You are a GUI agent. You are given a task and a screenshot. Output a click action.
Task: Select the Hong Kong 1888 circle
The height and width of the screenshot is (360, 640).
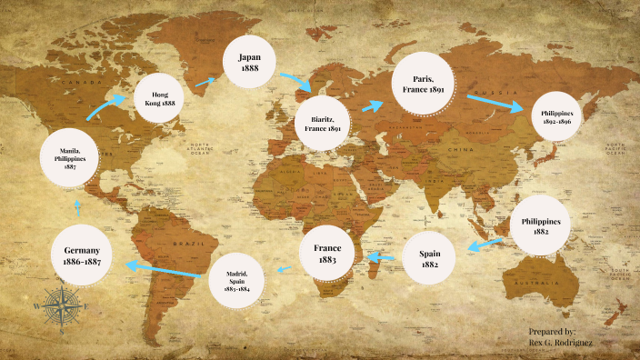pyautogui.click(x=160, y=98)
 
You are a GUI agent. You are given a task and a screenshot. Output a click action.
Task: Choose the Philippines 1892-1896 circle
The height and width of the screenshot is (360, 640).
pyautogui.click(x=555, y=116)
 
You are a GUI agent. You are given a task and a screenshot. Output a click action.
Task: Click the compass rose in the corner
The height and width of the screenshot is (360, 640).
pyautogui.click(x=62, y=305)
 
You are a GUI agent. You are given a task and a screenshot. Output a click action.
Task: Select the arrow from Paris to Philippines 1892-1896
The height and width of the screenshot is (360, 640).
pyautogui.click(x=496, y=102)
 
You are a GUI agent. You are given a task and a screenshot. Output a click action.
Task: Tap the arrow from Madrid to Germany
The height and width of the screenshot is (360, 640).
pyautogui.click(x=164, y=269)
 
